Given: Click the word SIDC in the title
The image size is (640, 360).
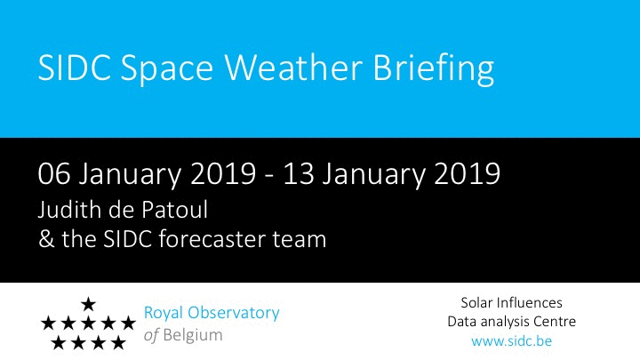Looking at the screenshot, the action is tap(75, 68).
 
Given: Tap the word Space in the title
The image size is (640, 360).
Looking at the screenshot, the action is tap(167, 70).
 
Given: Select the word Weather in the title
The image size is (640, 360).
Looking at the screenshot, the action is tap(293, 67).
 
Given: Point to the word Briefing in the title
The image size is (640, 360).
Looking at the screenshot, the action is tap(434, 69).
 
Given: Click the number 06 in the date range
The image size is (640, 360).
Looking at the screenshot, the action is tap(54, 174).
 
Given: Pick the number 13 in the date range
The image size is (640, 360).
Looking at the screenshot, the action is tap(299, 174).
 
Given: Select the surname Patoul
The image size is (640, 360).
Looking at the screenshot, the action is tap(175, 210).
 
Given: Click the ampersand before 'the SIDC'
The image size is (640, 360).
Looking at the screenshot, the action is tap(46, 239).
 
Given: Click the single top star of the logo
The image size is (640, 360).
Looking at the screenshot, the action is tap(88, 304).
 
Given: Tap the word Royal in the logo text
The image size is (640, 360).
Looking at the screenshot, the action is tap(164, 314).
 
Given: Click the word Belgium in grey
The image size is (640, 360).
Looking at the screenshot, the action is tap(193, 335).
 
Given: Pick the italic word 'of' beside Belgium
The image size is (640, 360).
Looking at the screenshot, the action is tap(151, 335).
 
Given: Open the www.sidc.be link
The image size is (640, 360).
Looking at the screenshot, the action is tap(511, 340).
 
